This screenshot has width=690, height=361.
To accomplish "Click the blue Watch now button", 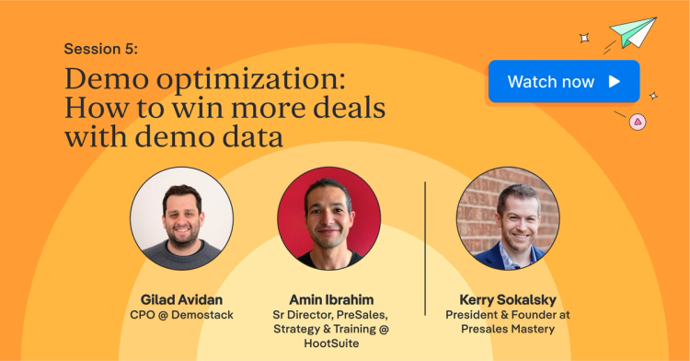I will point(563,81).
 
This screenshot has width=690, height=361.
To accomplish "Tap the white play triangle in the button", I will point(615,81).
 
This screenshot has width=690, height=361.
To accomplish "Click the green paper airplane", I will point(635,31).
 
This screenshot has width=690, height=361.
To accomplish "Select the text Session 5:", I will point(102,48).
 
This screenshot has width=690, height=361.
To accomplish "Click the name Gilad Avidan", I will point(181,299).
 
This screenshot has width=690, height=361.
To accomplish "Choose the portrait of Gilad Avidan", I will point(181,219).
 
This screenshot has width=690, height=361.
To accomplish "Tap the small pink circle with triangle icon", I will point(636,121).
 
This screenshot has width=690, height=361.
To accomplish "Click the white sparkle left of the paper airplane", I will point(583,38).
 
